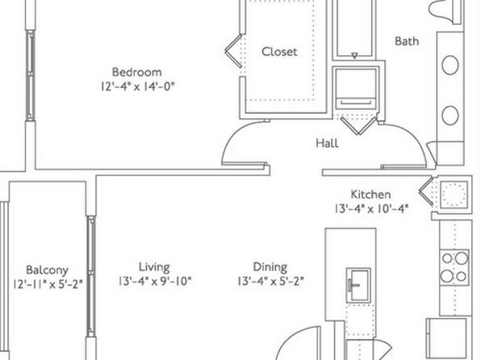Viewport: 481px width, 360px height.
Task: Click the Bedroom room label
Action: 137,72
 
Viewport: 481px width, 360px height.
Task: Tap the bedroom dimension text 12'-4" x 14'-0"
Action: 137,86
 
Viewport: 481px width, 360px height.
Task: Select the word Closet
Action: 279,52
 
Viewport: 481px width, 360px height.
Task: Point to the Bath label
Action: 407,41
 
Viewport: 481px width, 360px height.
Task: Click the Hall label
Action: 328,143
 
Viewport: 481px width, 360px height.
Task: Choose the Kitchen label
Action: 370,195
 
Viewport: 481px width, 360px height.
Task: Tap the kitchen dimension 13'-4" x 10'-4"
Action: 371,209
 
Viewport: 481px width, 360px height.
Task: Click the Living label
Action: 154,267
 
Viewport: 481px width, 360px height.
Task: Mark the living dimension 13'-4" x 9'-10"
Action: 155,281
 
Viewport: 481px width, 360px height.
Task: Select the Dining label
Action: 270,267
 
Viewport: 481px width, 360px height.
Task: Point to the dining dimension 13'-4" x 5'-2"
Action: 270,281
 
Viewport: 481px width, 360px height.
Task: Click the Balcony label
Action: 47,270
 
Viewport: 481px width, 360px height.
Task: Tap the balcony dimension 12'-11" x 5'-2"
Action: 48,284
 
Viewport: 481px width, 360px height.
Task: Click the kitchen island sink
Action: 358,285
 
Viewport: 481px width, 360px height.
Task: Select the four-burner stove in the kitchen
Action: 454,268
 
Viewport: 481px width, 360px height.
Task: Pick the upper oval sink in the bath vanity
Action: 450,65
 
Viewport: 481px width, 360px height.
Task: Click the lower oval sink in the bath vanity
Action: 450,115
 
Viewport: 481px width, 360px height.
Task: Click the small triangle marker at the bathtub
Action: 354,56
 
